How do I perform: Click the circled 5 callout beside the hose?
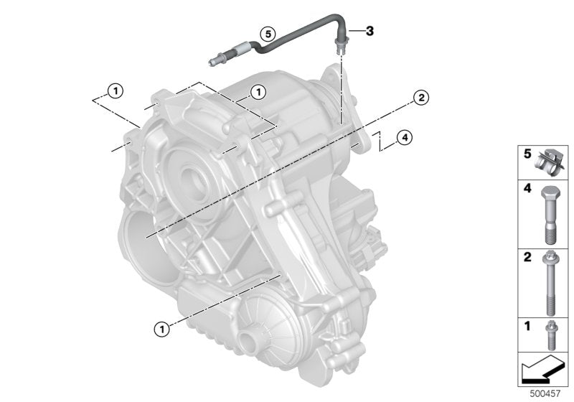point(266,33)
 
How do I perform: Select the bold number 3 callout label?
point(370,30)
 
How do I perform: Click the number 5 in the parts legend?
point(526,154)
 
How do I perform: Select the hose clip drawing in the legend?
point(550,164)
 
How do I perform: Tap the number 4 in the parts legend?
point(526,190)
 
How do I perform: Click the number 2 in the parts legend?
point(526,256)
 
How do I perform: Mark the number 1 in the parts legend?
point(526,326)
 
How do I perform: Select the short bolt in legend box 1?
point(549,335)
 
